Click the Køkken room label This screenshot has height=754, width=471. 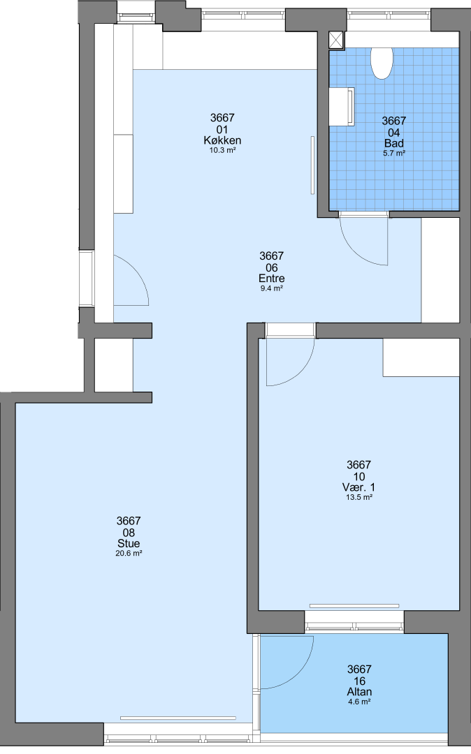pos(222,140)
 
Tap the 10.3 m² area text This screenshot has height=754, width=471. pos(222,150)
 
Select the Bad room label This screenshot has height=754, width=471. pos(394,143)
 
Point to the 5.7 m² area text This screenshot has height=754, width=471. pos(394,154)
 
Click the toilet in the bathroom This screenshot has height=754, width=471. pos(382,63)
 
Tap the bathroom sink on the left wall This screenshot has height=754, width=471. pos(342,107)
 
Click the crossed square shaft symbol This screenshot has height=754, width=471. pos(337,40)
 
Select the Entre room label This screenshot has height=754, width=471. pos(272,279)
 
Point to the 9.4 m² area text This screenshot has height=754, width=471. pos(272,288)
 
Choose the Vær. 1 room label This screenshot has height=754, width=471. pos(359,487)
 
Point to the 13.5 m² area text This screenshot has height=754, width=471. pos(359,497)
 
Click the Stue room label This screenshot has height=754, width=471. pos(129,543)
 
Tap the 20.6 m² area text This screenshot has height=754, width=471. pos(129,554)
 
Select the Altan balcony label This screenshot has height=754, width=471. pos(359,692)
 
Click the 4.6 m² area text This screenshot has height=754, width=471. pos(359,702)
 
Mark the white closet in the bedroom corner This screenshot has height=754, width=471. pos(421,357)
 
